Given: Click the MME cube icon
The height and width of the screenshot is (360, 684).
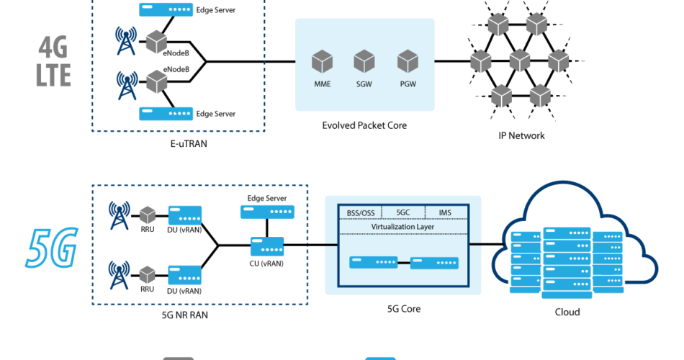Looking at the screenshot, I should click(x=322, y=61).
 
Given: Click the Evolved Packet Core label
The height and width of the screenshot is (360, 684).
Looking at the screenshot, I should click(x=364, y=125).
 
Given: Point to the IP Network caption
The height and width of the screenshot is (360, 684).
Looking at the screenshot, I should click(x=521, y=135).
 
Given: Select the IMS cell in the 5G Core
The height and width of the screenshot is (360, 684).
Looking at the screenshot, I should click(x=446, y=212).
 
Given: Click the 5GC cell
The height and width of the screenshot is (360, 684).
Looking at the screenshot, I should click(x=403, y=212).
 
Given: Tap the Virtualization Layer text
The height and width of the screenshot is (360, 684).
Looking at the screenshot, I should click(x=403, y=227).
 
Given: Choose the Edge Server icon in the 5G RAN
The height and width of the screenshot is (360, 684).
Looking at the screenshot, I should click(x=266, y=211).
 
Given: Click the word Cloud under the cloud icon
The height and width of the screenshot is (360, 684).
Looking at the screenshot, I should click(x=567, y=312).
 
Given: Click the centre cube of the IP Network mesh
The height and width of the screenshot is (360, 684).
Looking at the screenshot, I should click(x=519, y=58).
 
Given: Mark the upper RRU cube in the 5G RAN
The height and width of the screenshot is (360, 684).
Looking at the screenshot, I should click(x=148, y=214).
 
